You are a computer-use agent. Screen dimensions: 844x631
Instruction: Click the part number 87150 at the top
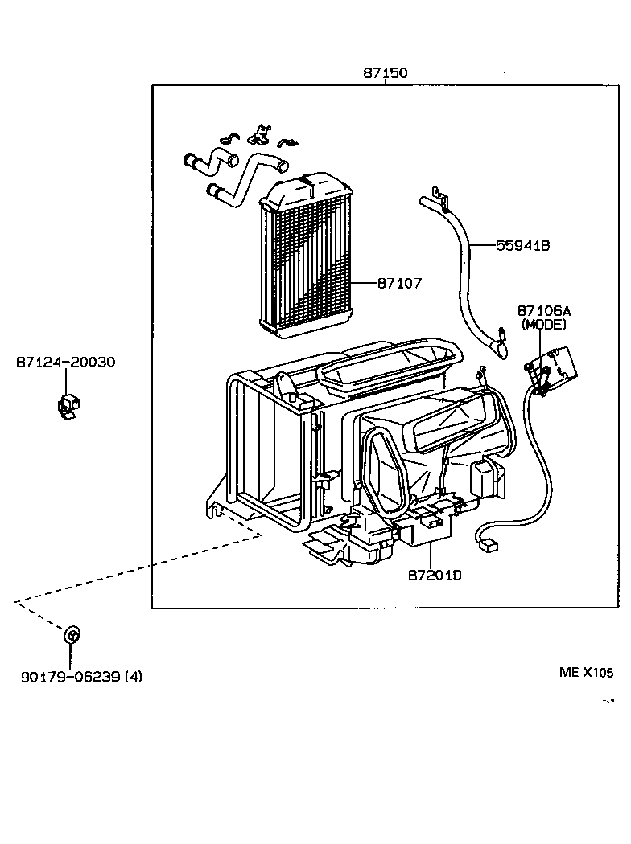385,73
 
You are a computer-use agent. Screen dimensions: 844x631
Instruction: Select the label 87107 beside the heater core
399,283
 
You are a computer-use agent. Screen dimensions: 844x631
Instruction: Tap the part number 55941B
522,246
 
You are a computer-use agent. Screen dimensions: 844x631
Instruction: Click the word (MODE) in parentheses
544,325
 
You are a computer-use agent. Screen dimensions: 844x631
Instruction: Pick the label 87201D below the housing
435,575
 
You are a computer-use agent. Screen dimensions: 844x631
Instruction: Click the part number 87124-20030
64,363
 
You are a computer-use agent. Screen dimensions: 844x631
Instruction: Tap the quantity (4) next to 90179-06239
134,676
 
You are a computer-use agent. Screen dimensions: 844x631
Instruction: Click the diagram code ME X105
586,673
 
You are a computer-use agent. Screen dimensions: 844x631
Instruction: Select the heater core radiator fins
306,265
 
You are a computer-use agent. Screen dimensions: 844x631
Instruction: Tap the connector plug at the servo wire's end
487,545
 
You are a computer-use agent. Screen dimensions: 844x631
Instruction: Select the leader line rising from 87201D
432,555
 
